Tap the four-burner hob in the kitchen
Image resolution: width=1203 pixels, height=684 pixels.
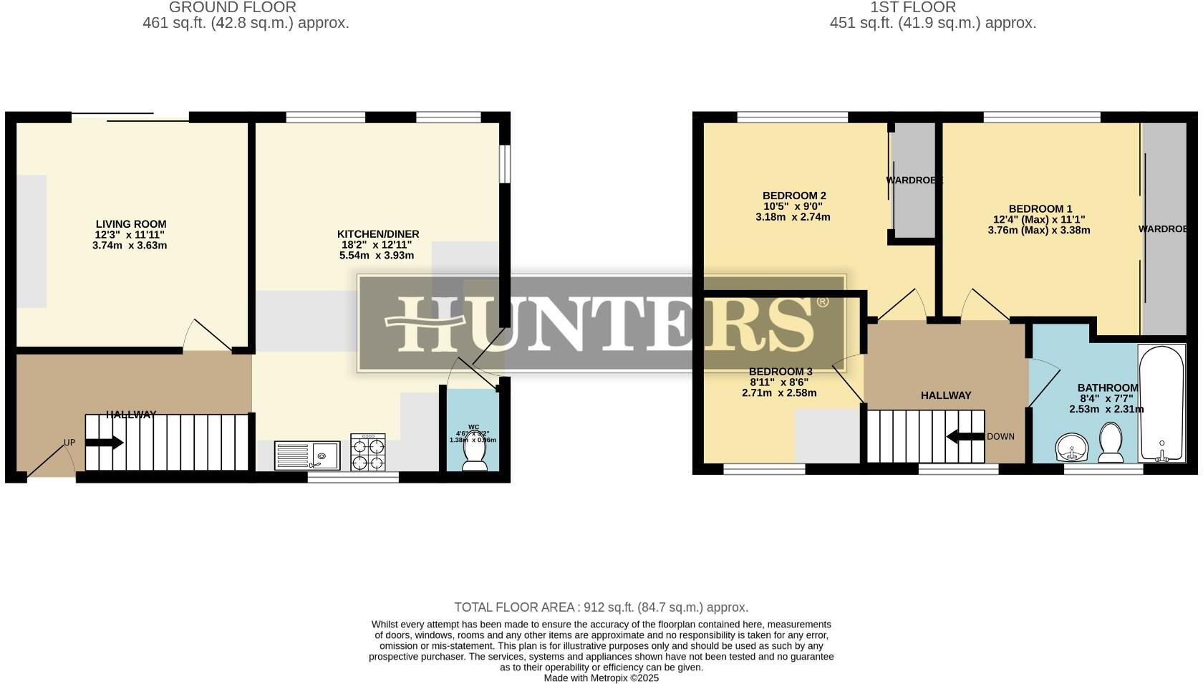point(367,453)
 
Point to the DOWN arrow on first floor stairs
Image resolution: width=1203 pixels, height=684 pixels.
point(965,436)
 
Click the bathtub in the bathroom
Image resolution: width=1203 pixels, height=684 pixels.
point(1161,403)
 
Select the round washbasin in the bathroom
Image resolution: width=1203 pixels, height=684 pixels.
point(1071,448)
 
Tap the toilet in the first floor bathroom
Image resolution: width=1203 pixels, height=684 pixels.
point(1111,444)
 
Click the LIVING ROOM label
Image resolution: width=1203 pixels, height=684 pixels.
point(131,224)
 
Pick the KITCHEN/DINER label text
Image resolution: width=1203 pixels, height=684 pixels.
point(378,234)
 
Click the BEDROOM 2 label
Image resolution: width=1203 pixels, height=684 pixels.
point(794,196)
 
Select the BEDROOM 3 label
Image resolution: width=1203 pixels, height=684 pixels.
point(781,372)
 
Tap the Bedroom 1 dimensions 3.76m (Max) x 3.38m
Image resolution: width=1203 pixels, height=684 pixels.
point(1039,231)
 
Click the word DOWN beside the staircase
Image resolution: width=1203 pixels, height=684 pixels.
point(1000,437)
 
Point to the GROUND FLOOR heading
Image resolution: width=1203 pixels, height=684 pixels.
point(232,8)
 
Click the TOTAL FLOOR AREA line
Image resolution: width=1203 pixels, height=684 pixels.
point(601,607)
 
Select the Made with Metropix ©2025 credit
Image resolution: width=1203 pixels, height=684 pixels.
point(601,678)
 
